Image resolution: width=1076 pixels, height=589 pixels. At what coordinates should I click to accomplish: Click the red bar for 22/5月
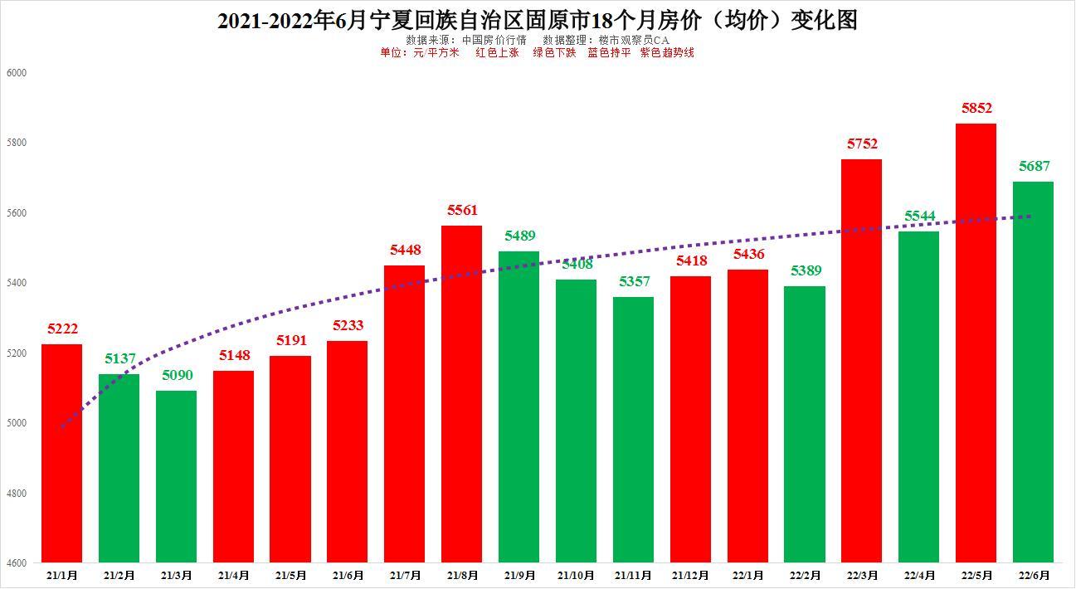click(x=976, y=343)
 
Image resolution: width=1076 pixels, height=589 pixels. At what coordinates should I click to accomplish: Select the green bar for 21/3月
click(x=177, y=476)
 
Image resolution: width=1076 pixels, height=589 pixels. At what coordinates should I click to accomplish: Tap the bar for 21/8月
click(x=461, y=393)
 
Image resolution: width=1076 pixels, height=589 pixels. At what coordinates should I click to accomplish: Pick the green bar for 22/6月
click(x=1033, y=372)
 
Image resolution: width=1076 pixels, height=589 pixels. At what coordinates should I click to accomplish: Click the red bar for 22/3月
click(x=861, y=360)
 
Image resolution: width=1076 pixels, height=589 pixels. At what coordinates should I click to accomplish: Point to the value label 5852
click(x=976, y=109)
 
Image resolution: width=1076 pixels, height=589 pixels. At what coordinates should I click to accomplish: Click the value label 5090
click(x=177, y=376)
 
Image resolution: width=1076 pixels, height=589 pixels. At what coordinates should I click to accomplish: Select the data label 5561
click(x=462, y=211)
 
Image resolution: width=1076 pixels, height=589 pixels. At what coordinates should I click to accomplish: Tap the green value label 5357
click(x=634, y=282)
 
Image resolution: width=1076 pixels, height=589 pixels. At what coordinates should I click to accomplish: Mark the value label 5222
click(x=62, y=329)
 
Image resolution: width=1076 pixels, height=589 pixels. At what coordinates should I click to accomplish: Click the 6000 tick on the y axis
click(x=17, y=73)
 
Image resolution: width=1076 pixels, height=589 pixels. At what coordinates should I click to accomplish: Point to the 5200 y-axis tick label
click(x=17, y=353)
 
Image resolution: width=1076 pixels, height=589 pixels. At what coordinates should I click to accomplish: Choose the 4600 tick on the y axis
click(x=17, y=563)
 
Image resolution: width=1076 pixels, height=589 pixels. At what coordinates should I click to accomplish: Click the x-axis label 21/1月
click(x=62, y=575)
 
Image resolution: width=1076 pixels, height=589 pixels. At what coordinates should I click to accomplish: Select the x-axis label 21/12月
click(x=690, y=575)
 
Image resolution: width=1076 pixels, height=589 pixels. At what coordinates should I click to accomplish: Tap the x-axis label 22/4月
click(x=918, y=575)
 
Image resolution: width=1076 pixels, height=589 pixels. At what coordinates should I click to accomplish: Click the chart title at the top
click(x=537, y=20)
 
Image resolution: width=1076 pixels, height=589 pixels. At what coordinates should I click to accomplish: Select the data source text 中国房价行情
click(x=494, y=40)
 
